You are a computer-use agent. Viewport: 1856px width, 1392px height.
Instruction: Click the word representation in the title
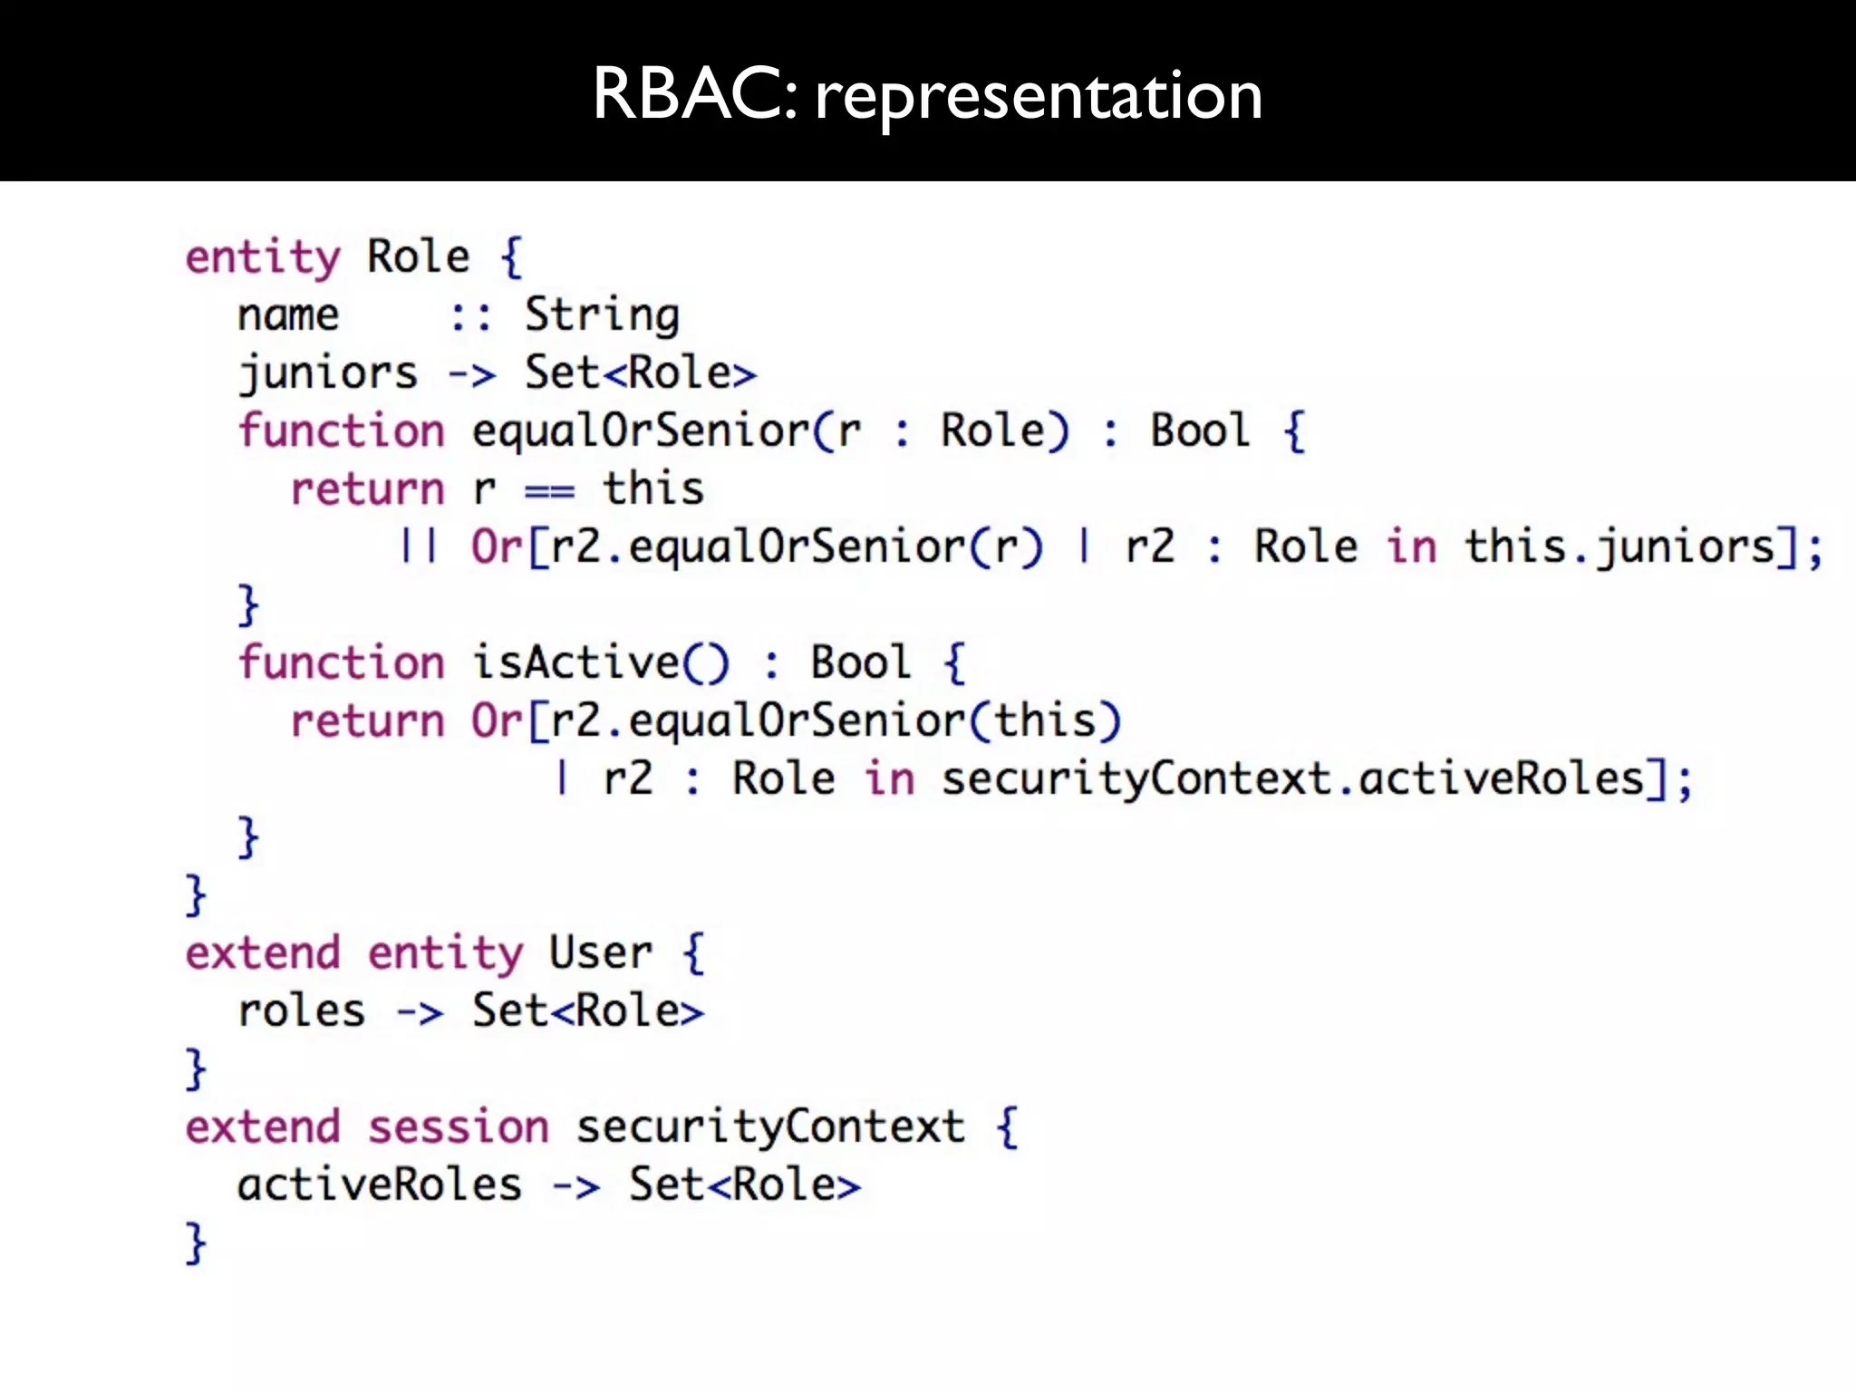(x=1038, y=96)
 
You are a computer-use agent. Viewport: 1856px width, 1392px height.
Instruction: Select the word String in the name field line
(x=602, y=316)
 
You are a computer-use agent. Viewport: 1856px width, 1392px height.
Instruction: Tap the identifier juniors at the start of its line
(x=327, y=373)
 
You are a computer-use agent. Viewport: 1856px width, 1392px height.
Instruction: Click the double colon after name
(x=471, y=316)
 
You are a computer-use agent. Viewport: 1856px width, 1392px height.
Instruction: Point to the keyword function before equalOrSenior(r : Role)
(x=341, y=430)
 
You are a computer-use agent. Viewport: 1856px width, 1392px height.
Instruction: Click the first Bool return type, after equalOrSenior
(x=1200, y=430)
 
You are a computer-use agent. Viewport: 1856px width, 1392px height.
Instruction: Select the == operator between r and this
(x=549, y=490)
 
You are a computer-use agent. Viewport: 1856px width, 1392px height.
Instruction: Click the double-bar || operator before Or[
(x=419, y=546)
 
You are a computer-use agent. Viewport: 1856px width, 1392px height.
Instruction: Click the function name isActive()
(x=600, y=662)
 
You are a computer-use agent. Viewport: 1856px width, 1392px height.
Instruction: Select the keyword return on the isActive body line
(x=367, y=721)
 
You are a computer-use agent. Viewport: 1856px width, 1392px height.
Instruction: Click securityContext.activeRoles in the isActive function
(x=1292, y=778)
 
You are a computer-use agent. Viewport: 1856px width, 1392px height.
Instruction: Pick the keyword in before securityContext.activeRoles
(x=889, y=778)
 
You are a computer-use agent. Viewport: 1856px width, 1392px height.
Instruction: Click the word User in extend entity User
(x=600, y=953)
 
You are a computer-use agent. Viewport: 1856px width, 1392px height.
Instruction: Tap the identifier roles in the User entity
(x=301, y=1011)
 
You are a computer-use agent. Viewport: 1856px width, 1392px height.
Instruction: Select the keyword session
(x=459, y=1127)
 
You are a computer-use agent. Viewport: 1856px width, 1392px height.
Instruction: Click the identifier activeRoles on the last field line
(x=379, y=1185)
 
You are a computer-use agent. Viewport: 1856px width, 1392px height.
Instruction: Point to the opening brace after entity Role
(x=512, y=257)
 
